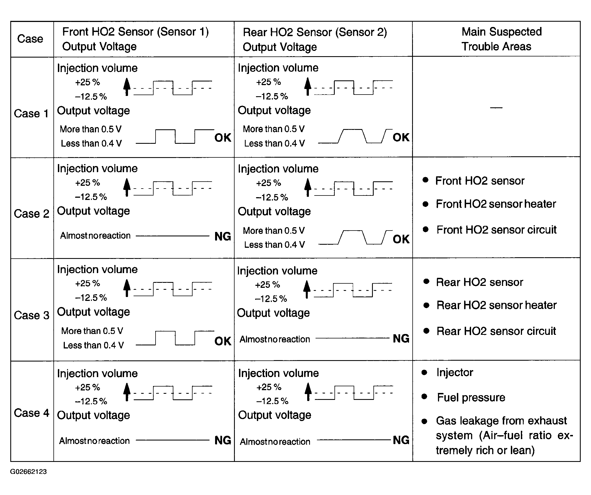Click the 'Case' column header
(x=30, y=39)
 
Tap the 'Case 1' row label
(x=31, y=114)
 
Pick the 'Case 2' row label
(x=31, y=214)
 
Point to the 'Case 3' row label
(x=31, y=315)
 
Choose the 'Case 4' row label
(x=31, y=413)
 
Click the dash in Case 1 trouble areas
(x=496, y=107)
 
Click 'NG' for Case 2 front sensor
(x=223, y=236)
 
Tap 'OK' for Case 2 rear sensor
(x=401, y=239)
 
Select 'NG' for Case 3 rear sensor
(x=401, y=339)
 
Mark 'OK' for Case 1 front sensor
(x=223, y=138)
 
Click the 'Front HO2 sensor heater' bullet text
(x=496, y=204)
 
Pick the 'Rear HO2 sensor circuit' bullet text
(x=496, y=331)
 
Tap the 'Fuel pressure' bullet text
(x=471, y=397)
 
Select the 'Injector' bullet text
(x=455, y=372)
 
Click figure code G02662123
(x=28, y=472)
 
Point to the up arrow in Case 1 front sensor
(x=127, y=87)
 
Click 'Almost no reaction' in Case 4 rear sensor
(x=275, y=442)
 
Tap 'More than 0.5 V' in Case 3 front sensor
(x=92, y=331)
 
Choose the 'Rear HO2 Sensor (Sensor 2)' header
(x=315, y=32)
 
